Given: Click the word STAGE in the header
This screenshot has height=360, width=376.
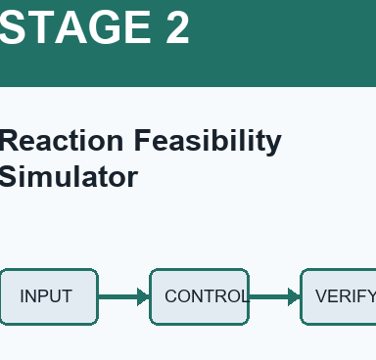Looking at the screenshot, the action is coord(75,27).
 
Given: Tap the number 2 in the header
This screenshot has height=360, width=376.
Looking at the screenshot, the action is coord(178,27).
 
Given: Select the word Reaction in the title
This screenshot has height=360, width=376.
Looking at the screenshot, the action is coord(61,140).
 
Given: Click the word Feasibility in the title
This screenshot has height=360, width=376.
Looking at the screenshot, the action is coord(208,141).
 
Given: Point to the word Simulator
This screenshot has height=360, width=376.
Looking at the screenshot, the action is coord(68,176).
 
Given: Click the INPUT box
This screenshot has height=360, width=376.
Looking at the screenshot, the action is coord(49,296).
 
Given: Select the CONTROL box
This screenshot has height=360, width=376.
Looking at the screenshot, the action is coord(200,296).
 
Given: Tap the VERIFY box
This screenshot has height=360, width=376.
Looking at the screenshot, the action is coord(338,296).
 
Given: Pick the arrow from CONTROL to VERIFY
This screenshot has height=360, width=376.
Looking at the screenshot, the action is coord(275,296).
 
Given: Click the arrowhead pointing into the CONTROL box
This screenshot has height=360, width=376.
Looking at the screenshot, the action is coord(143,296).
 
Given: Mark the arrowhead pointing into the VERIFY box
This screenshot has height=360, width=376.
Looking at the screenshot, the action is coord(294,296).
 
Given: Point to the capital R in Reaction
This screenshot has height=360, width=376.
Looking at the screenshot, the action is coord(10,140).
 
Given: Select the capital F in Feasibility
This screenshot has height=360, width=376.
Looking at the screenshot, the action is coord(143,140).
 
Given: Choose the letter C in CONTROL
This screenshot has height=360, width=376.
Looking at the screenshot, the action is coord(171,296).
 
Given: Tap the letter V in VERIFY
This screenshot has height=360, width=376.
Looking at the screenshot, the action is coord(322,296).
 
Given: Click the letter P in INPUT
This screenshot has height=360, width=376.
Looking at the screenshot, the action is coord(41,296).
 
